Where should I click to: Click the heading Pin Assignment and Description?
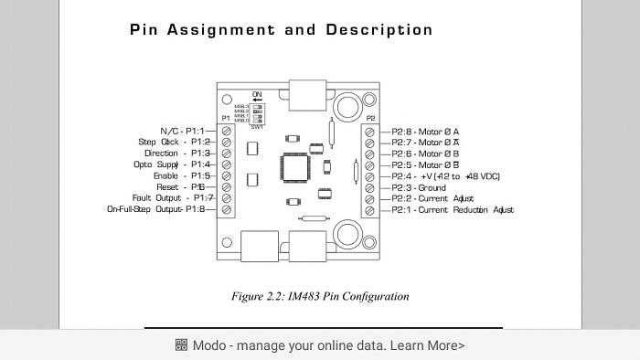[281, 29]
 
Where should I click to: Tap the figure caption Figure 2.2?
[320, 296]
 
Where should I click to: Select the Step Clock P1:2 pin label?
[175, 142]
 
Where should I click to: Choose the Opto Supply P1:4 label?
[172, 164]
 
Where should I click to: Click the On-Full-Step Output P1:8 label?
[156, 209]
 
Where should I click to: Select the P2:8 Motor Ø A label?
[425, 132]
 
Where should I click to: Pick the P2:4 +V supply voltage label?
[446, 176]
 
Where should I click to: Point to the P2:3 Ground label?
[419, 187]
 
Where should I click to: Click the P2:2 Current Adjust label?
[432, 198]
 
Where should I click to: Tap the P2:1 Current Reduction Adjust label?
[453, 209]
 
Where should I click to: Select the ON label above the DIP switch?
[257, 94]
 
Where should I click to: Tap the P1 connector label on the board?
[226, 119]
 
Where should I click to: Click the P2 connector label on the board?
[369, 119]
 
